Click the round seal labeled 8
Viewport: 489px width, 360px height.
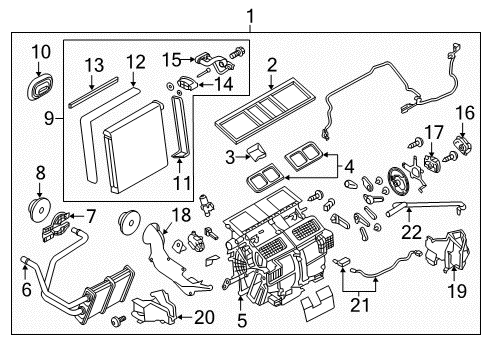tap(39, 211)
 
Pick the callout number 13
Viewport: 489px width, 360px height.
tap(93, 65)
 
